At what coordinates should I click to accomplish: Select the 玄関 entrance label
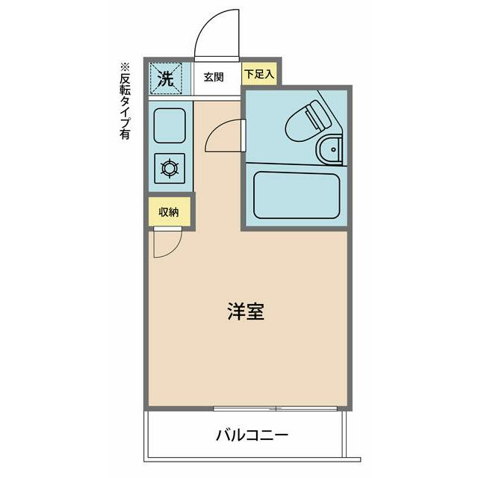click(x=214, y=77)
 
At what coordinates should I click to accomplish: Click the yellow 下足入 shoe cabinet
click(x=259, y=74)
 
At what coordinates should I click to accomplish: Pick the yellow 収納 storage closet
click(x=169, y=211)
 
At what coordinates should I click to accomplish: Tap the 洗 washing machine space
click(x=167, y=78)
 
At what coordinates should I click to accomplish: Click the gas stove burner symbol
click(x=170, y=167)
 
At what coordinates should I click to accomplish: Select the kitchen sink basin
click(x=170, y=125)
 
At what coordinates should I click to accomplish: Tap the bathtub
click(x=296, y=195)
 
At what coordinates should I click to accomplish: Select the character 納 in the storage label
click(x=174, y=211)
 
